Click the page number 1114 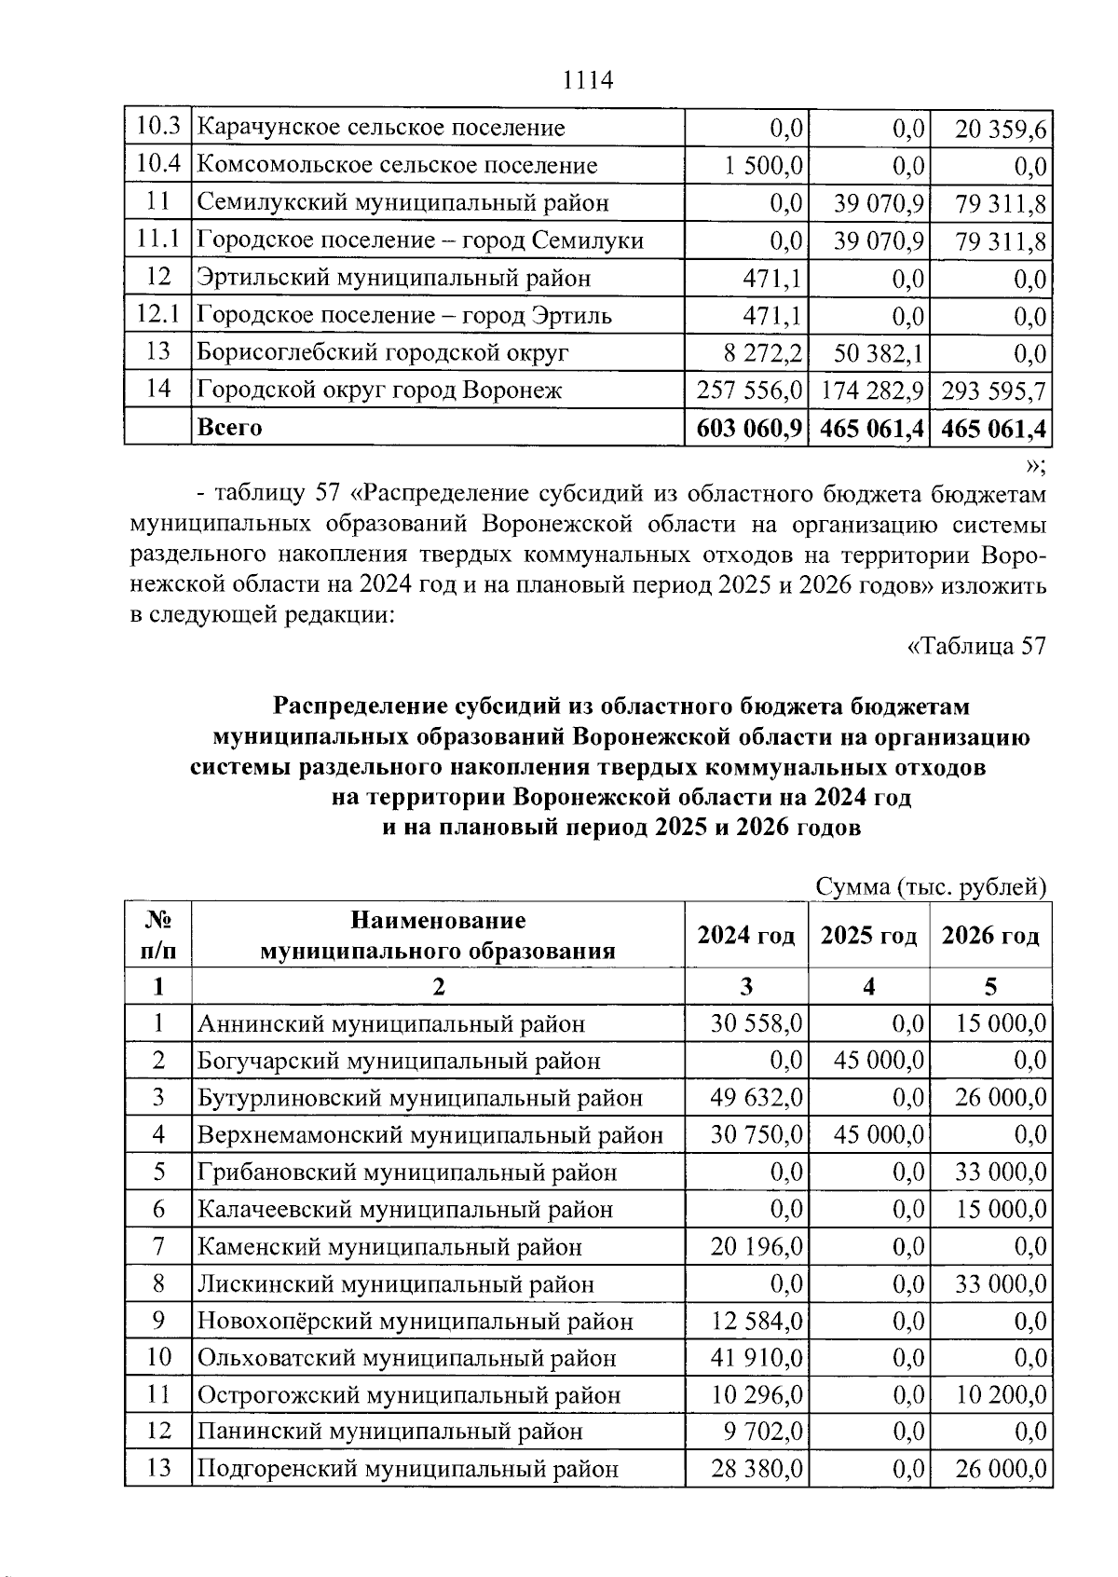tap(588, 80)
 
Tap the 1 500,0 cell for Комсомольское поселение tap(763, 166)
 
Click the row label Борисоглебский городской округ tap(382, 353)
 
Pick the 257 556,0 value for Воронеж tap(749, 390)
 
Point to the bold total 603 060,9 tap(749, 429)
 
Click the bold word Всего tap(229, 428)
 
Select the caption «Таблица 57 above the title tap(976, 645)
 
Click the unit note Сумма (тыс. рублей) tap(931, 886)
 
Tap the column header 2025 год tap(868, 936)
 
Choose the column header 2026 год tap(990, 936)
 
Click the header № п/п tap(158, 936)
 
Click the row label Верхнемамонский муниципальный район tap(429, 1135)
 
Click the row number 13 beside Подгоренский tap(159, 1469)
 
